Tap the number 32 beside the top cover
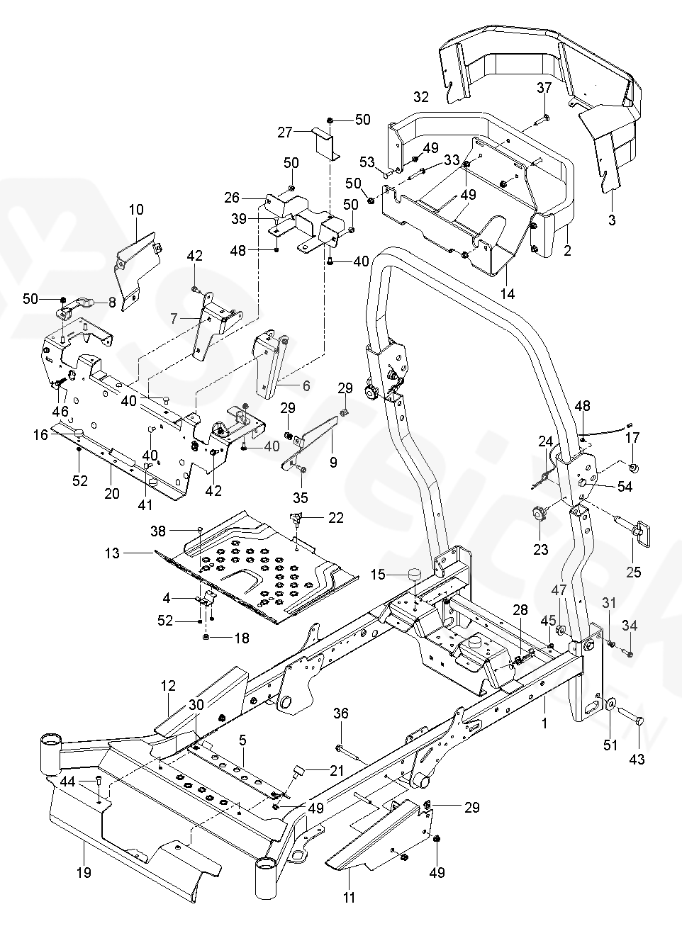(x=421, y=96)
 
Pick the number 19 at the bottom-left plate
(x=84, y=873)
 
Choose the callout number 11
(x=348, y=898)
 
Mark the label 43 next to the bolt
(x=637, y=759)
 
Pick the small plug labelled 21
(x=298, y=769)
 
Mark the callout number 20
(x=112, y=474)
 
